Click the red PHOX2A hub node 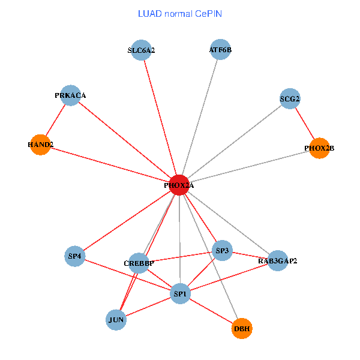pyautogui.click(x=179, y=185)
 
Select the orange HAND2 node pyautogui.click(x=40, y=145)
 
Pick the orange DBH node pyautogui.click(x=242, y=329)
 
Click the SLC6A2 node pyautogui.click(x=141, y=50)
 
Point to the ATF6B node pyautogui.click(x=220, y=50)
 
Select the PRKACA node pyautogui.click(x=71, y=95)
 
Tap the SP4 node pyautogui.click(x=75, y=257)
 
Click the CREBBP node pyautogui.click(x=139, y=263)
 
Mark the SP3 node pyautogui.click(x=223, y=250)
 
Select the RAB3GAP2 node pyautogui.click(x=277, y=261)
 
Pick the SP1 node pyautogui.click(x=181, y=294)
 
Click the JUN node pyautogui.click(x=116, y=320)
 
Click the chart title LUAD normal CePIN pyautogui.click(x=180, y=14)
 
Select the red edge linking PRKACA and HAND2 pyautogui.click(x=56, y=120)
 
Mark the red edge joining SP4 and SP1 pyautogui.click(x=128, y=275)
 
